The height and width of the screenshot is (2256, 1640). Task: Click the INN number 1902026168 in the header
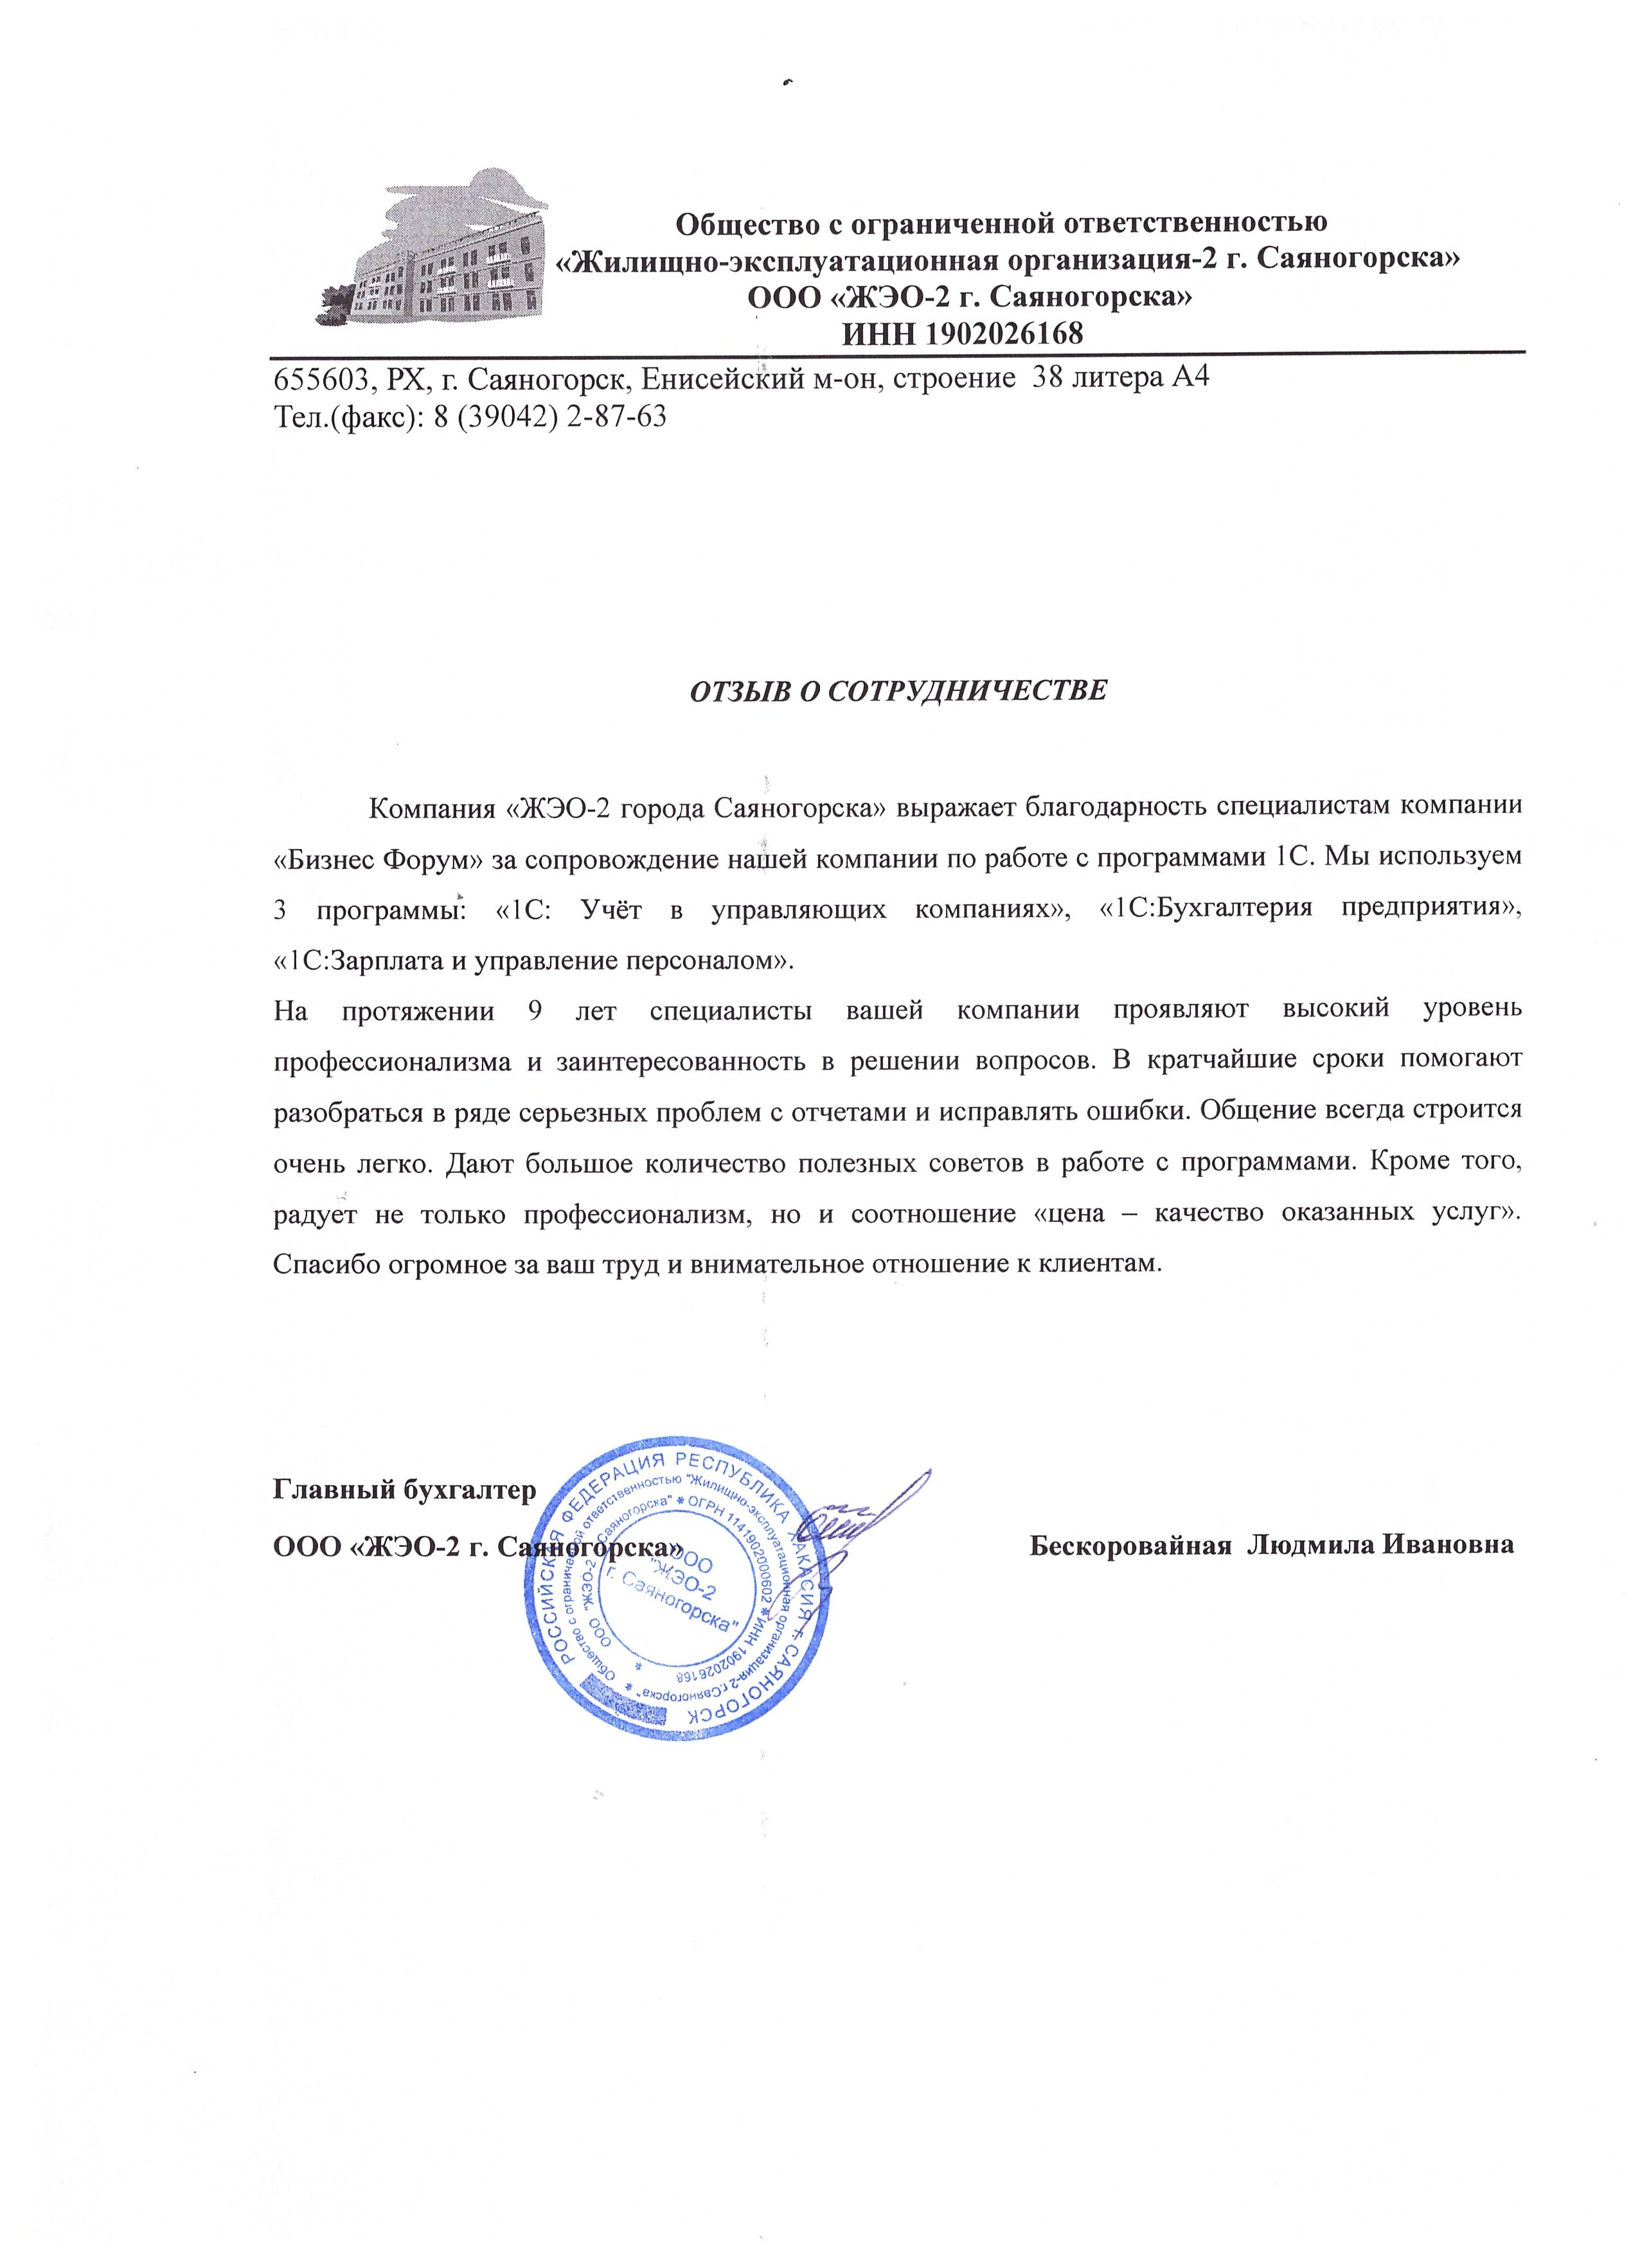pos(962,333)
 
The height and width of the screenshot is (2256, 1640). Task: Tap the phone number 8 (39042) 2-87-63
pos(549,416)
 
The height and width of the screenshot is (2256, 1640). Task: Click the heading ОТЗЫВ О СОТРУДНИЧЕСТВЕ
pos(898,690)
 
